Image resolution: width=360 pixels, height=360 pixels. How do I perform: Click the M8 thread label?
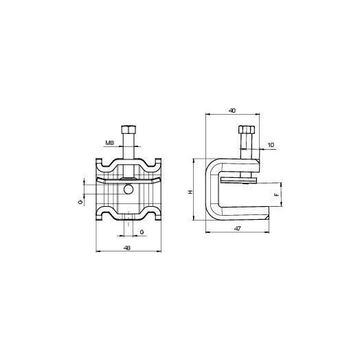click(109, 143)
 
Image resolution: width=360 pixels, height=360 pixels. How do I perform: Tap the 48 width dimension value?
click(127, 248)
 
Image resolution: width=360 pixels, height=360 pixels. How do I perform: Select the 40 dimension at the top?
click(232, 111)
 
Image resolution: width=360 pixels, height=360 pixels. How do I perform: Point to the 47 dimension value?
click(238, 229)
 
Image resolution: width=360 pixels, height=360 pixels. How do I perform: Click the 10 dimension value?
click(271, 145)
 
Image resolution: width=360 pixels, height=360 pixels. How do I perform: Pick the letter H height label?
click(190, 192)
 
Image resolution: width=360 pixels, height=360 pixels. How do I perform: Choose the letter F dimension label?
click(277, 194)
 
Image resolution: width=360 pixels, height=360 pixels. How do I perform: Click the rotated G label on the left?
click(80, 202)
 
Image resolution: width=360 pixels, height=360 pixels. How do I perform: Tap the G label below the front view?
click(142, 232)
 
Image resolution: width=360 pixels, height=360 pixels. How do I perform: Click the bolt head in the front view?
click(128, 130)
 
